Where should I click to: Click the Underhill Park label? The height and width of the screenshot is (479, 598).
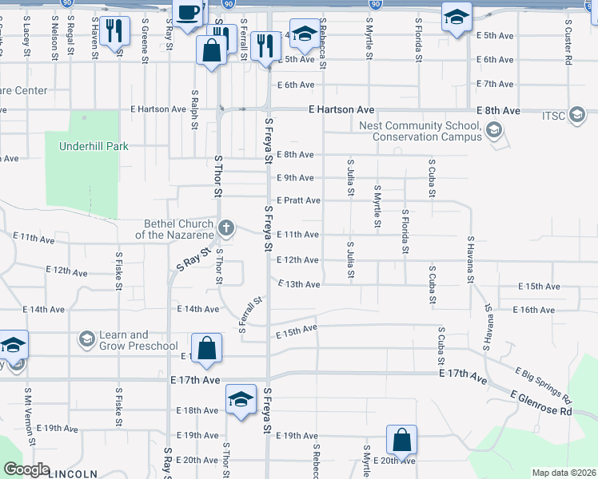(94, 146)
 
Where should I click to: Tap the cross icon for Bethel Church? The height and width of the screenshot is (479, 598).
(226, 228)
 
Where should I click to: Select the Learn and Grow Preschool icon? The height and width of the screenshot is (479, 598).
(86, 340)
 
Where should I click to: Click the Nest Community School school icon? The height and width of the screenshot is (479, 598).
(494, 130)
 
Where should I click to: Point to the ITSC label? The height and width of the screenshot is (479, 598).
(552, 117)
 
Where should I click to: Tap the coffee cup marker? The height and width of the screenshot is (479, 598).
(189, 14)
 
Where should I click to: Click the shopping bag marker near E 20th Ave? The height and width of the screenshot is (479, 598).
(401, 440)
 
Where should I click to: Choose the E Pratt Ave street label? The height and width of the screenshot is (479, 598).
(298, 200)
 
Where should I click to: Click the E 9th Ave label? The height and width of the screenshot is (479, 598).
(295, 178)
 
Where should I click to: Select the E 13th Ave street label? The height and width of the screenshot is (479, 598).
(298, 284)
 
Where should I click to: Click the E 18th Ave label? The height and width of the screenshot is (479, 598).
(197, 410)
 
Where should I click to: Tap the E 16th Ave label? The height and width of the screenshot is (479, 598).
(536, 310)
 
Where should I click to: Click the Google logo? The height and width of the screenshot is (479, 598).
(26, 469)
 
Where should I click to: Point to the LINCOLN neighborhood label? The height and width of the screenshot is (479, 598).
(73, 473)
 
